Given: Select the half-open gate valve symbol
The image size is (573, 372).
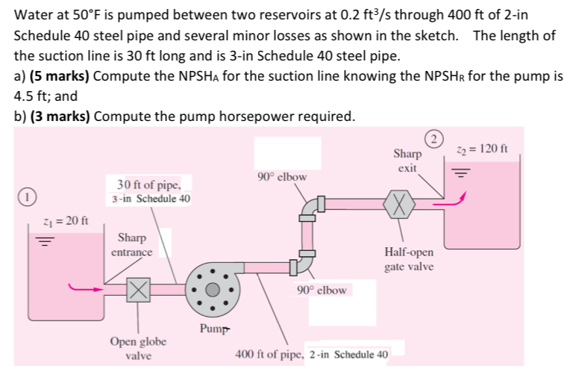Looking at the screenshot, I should [401, 202].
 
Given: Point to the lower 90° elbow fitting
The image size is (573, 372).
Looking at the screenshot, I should [303, 264].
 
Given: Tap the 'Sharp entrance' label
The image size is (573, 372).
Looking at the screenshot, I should [131, 245].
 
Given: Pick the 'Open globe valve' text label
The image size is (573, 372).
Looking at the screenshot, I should [138, 348].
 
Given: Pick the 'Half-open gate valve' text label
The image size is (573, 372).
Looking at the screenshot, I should [410, 259].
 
